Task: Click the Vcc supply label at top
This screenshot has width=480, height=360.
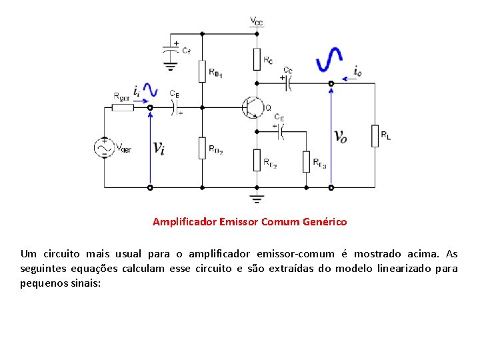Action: point(256,22)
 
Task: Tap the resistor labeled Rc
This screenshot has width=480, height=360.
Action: point(257,59)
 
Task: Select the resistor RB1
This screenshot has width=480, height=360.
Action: point(202,69)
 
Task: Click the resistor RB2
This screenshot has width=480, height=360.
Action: point(202,147)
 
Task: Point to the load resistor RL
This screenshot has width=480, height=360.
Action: point(375,135)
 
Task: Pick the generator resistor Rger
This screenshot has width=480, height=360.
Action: point(122,107)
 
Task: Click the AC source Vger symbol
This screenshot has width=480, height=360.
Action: point(104,147)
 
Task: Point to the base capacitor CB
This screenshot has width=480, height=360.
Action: point(178,107)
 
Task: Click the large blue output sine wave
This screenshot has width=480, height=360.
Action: point(330,59)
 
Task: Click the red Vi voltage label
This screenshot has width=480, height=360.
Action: point(159,147)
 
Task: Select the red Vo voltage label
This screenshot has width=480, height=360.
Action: point(340,137)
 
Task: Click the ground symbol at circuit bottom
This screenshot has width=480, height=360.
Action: point(256,197)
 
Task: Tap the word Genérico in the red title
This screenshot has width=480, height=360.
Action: point(323,221)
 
